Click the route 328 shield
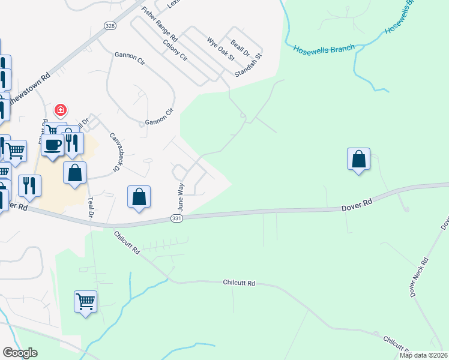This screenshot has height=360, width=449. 109,26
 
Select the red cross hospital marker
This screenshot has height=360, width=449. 61,110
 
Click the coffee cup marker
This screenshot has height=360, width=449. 53,145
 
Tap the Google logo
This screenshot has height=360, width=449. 20,353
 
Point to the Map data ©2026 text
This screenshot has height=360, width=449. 423,355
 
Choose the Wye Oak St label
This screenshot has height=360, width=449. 220,49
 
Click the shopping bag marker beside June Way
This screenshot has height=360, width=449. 139,196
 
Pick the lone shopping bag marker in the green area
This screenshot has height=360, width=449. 358,159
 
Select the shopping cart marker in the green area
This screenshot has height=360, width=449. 85,301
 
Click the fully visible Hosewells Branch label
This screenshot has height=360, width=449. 324,48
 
